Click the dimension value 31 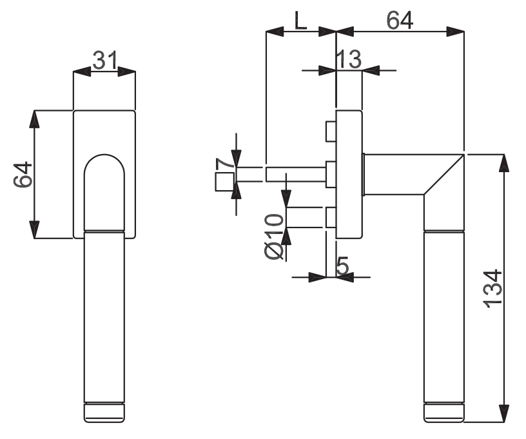(x=104, y=61)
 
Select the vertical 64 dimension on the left (x=23, y=175)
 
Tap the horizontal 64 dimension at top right (x=400, y=20)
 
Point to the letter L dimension (x=300, y=21)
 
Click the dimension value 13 (x=349, y=60)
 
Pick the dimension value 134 (x=492, y=288)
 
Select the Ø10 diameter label (x=274, y=236)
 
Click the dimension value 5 (x=342, y=266)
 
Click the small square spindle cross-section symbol (x=224, y=182)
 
